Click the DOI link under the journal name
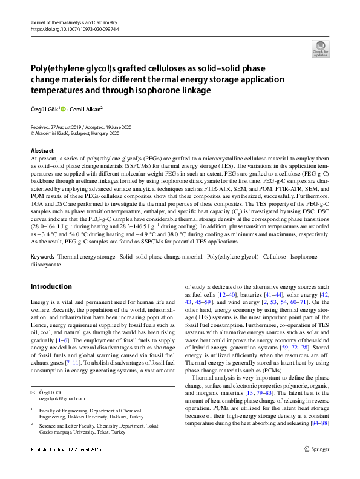click(x=70, y=29)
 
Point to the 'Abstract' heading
click(x=42, y=150)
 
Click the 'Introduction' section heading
click(x=51, y=286)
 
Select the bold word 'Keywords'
click(x=43, y=257)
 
